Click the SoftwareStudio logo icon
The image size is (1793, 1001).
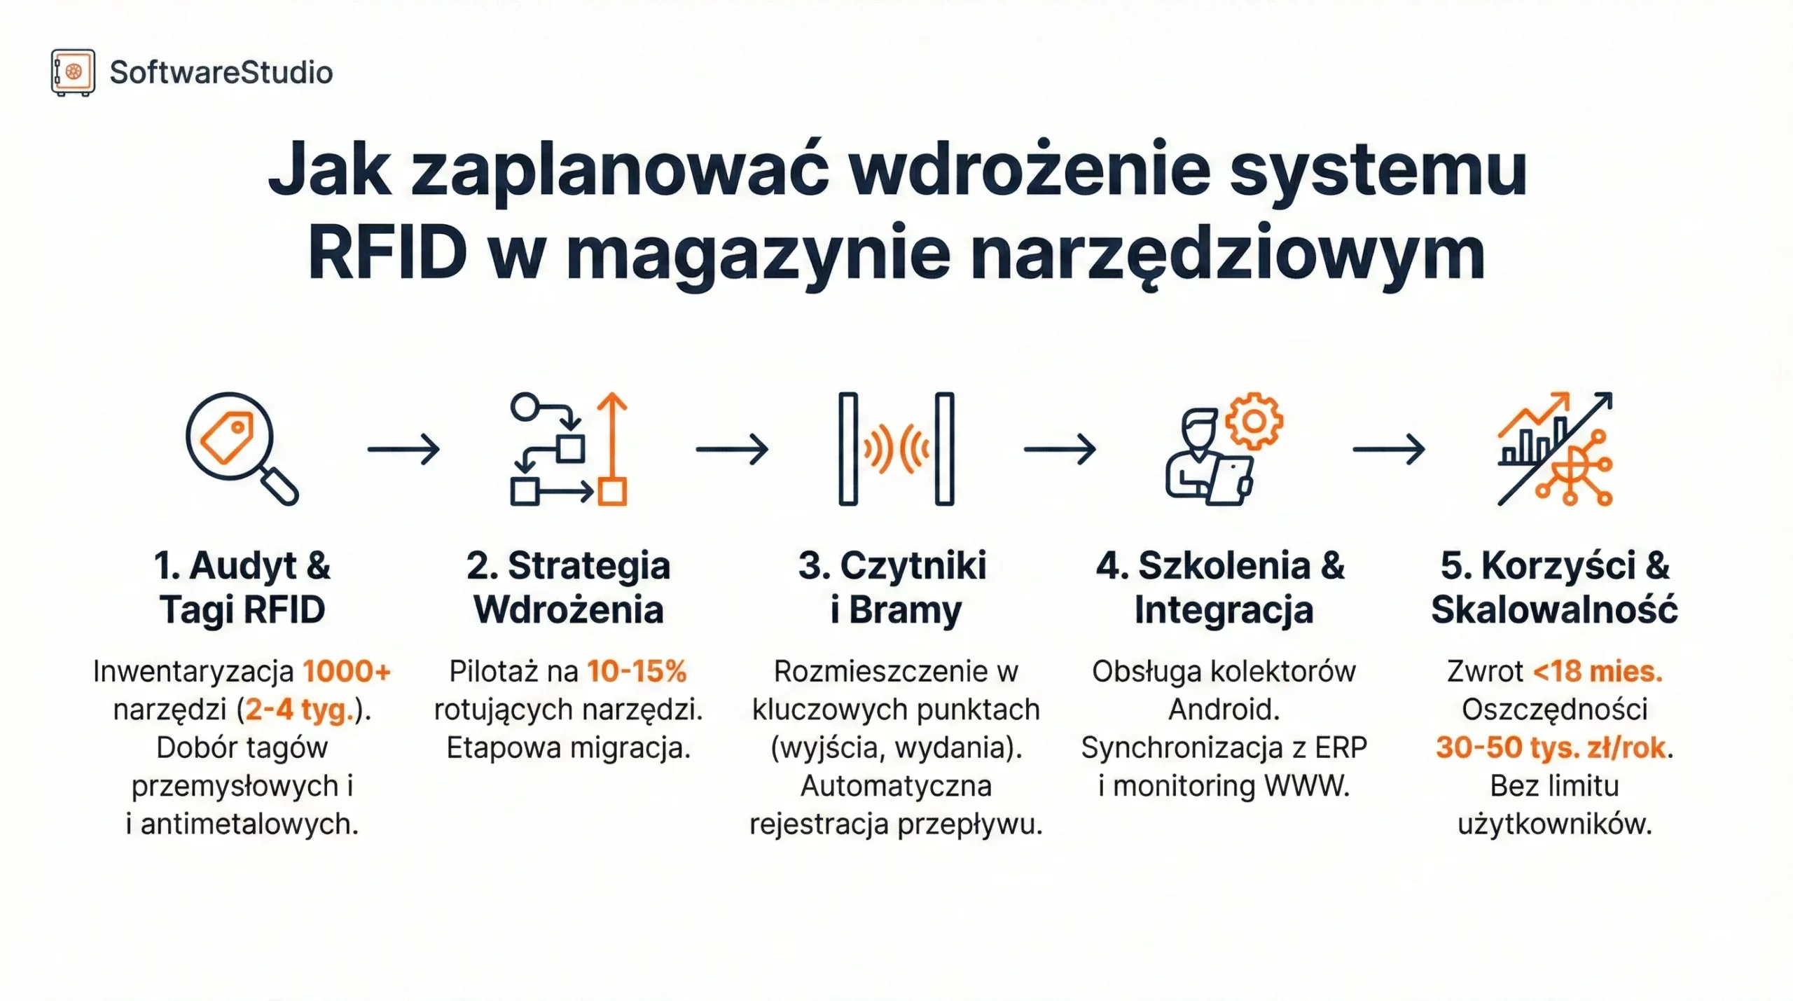click(x=73, y=72)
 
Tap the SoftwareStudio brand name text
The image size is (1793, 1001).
click(x=221, y=73)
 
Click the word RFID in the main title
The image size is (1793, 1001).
click(x=387, y=252)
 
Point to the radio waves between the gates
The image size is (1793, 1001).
click(x=896, y=448)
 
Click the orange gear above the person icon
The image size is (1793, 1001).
click(x=1254, y=421)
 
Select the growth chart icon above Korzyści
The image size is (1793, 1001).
click(x=1555, y=448)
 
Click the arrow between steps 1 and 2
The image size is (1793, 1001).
click(x=404, y=449)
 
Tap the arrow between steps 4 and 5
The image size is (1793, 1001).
click(x=1388, y=449)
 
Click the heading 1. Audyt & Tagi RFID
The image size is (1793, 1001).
click(x=242, y=587)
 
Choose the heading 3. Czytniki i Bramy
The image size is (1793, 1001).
click(x=894, y=587)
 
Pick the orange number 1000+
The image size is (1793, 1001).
click(x=347, y=672)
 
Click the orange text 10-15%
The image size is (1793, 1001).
click(x=637, y=672)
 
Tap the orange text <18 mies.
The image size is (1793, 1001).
click(x=1597, y=672)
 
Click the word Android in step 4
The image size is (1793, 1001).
click(x=1224, y=710)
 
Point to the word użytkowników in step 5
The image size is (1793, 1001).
click(x=1554, y=824)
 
